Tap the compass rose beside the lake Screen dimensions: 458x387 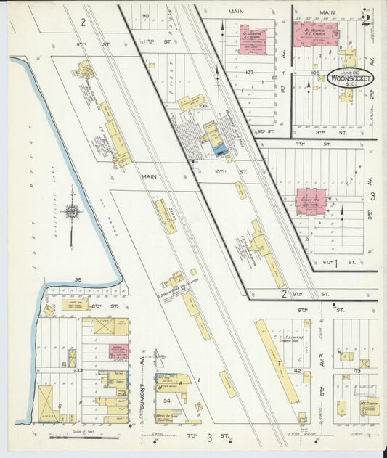(x=72, y=212)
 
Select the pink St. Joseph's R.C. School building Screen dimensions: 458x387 (x=252, y=41)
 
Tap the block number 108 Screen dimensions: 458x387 (x=315, y=73)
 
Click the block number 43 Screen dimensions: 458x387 (x=357, y=371)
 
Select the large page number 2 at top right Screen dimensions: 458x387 (x=365, y=19)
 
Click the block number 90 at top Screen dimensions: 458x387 (x=145, y=15)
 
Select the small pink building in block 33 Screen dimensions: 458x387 (x=118, y=351)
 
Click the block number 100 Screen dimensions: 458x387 (x=204, y=106)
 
